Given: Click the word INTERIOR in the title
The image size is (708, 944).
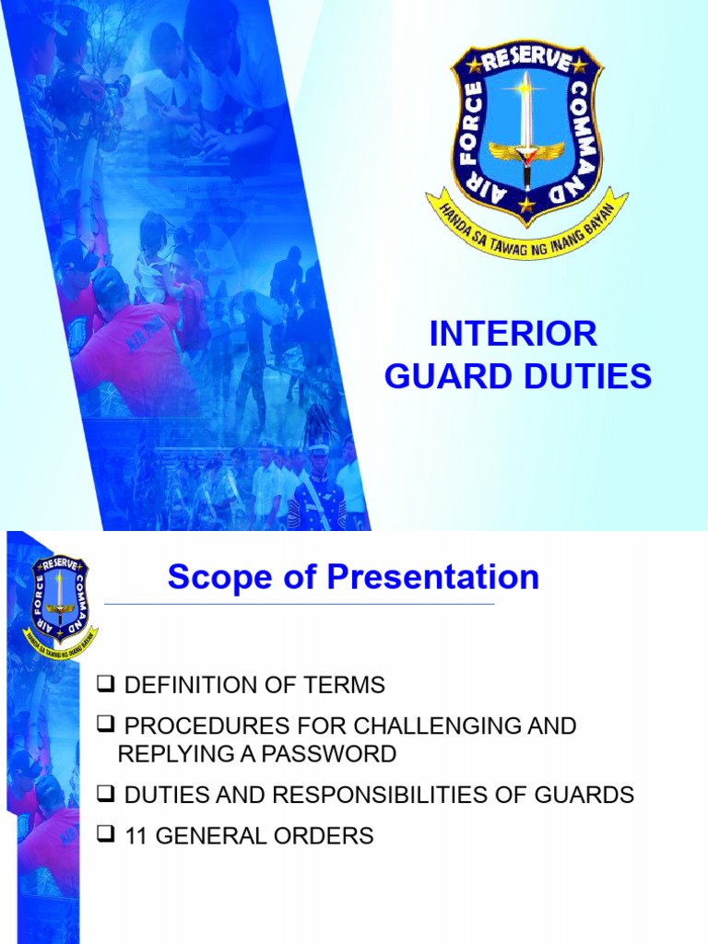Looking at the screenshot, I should pos(513,334).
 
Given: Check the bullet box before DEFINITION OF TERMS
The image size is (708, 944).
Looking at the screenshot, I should pos(106,684).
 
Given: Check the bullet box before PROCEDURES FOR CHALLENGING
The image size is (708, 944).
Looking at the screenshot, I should pos(106,726).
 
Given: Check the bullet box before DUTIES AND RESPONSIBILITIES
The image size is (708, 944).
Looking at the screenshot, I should pos(106,795).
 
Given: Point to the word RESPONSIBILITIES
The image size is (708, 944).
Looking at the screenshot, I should pos(407,795).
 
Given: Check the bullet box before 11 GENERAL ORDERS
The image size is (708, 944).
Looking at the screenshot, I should pos(106,835).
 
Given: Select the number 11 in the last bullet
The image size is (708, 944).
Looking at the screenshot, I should pos(135,836).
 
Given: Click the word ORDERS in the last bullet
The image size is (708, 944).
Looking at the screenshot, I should pos(329,836).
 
